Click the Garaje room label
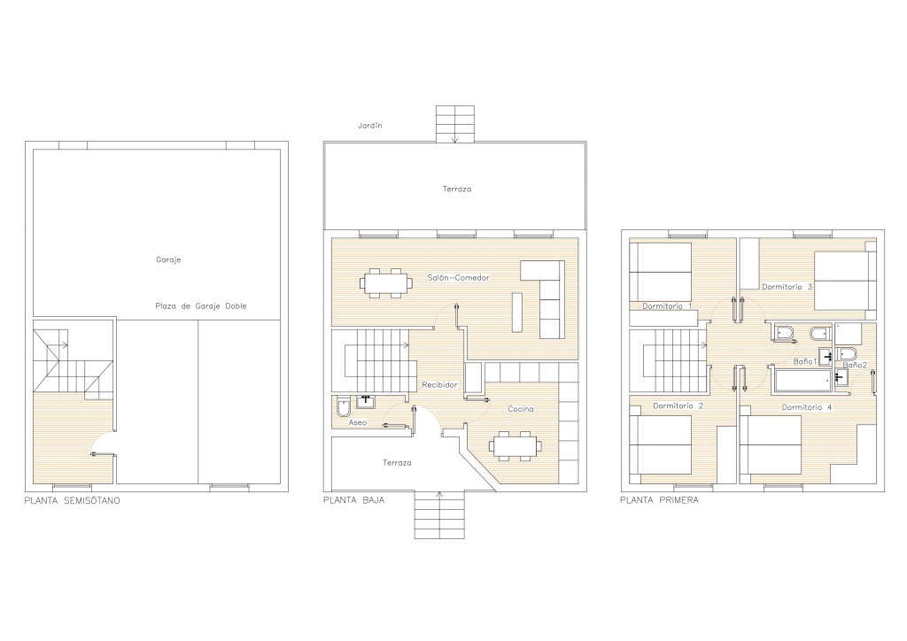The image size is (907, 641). click(x=168, y=260)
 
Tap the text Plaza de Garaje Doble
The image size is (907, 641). click(x=201, y=305)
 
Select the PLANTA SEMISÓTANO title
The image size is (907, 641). click(x=73, y=500)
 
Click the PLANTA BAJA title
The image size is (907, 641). click(x=354, y=500)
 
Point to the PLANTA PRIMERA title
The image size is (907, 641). click(x=659, y=500)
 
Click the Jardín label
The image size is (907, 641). click(x=369, y=126)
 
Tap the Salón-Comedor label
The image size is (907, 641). click(x=459, y=277)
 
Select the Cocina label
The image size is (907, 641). click(x=521, y=409)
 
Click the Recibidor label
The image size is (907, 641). click(x=439, y=384)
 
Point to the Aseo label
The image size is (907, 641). click(x=358, y=422)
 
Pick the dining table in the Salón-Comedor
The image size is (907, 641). click(x=387, y=282)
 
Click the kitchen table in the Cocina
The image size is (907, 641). click(x=516, y=445)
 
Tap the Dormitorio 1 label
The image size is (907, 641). click(x=667, y=305)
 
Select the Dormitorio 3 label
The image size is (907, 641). click(x=787, y=287)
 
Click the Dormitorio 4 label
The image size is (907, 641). click(x=807, y=407)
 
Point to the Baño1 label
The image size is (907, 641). click(x=804, y=361)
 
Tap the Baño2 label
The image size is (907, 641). click(x=855, y=366)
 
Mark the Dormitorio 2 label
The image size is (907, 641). click(x=678, y=405)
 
